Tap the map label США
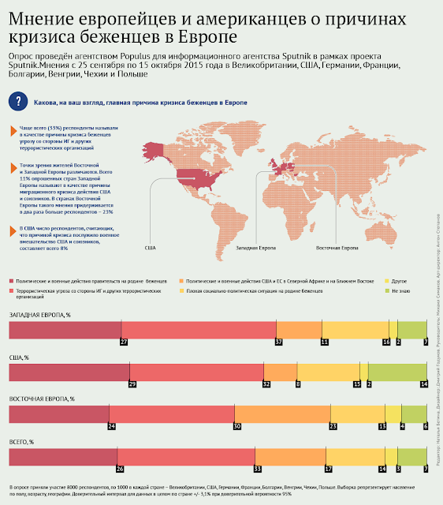pyautogui.click(x=150, y=248)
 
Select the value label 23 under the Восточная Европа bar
pyautogui.click(x=333, y=425)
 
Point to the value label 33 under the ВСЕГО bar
pyautogui.click(x=257, y=468)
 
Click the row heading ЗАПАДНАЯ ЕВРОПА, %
pyautogui.click(x=39, y=315)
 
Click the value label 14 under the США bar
pyautogui.click(x=423, y=383)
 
